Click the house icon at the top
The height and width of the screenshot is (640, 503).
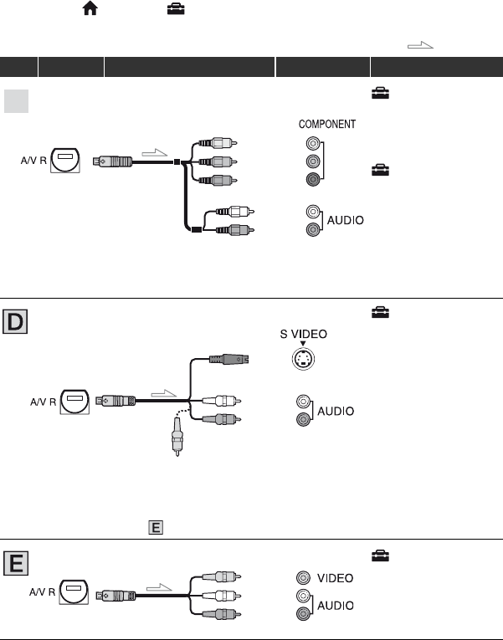pos(90,8)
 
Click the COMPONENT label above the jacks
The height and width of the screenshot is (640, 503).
pos(327,124)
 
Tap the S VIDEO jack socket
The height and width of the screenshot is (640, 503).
pos(303,359)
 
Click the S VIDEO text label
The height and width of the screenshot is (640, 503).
pos(303,334)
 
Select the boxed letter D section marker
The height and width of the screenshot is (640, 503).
pos(15,321)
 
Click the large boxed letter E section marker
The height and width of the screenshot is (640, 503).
pos(16,563)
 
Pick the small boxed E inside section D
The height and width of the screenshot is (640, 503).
pos(156,527)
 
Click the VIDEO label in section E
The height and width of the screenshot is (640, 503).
pos(336,578)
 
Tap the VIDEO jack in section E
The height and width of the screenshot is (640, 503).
pos(303,577)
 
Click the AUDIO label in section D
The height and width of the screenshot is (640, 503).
pos(336,411)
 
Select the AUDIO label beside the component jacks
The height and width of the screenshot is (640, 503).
pos(346,220)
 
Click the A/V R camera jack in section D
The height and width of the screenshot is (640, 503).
pos(74,402)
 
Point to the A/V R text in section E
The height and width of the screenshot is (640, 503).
pos(42,591)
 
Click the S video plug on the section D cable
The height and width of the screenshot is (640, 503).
pos(229,359)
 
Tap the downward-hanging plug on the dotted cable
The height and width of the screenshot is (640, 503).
pos(177,437)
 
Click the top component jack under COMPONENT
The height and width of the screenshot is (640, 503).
pos(313,143)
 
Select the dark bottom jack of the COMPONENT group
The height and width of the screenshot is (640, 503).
pos(313,179)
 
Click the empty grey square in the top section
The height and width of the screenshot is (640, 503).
pos(17,101)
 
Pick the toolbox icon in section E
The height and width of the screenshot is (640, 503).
pos(380,556)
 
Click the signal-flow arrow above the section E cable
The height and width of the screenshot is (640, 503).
pos(159,587)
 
